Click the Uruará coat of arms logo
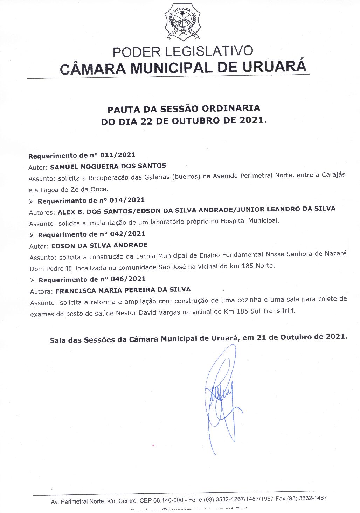[x=182, y=22]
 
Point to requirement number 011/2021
[x=118, y=155]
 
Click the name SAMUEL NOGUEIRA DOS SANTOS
[x=108, y=166]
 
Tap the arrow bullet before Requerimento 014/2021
[x=31, y=202]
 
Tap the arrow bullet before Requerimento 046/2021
[x=32, y=280]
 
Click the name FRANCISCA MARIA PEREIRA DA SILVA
[x=123, y=290]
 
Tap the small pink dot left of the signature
[x=153, y=445]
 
